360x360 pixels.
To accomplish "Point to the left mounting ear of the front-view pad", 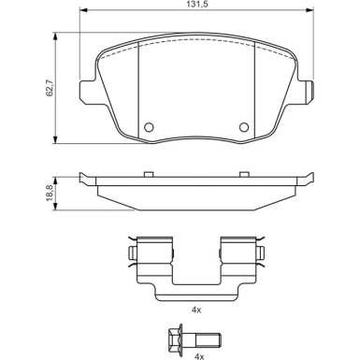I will (86, 89).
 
